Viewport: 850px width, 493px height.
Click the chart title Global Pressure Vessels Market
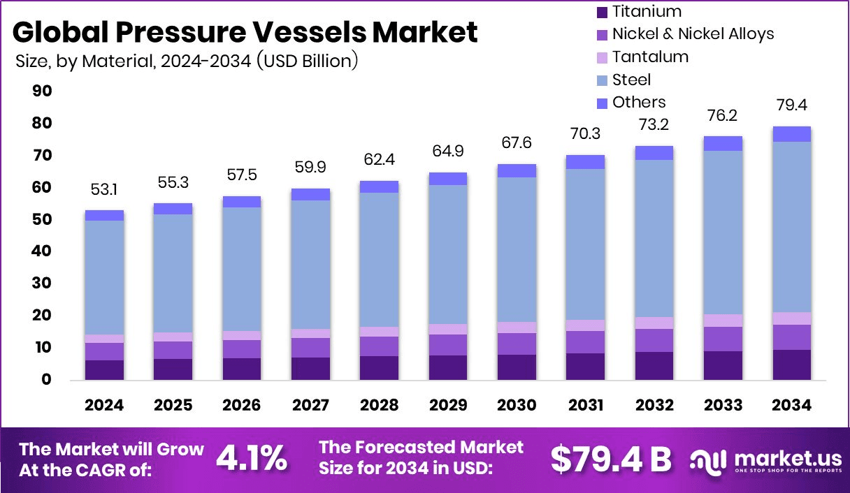[245, 33]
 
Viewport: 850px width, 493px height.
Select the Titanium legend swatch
[602, 12]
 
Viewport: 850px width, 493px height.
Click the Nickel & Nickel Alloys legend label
[693, 34]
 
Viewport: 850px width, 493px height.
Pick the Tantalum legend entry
[650, 57]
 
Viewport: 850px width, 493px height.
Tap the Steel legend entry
[631, 80]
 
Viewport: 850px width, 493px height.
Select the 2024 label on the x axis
[104, 406]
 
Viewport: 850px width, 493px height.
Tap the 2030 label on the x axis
[517, 406]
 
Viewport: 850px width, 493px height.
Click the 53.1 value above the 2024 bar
[104, 191]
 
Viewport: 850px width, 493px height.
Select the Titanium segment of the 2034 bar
[792, 365]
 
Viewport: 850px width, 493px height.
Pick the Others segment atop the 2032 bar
[654, 153]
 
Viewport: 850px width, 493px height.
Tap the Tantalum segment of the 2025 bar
[173, 337]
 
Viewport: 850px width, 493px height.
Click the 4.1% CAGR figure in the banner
[251, 458]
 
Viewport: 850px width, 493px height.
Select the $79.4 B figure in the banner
[610, 458]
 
